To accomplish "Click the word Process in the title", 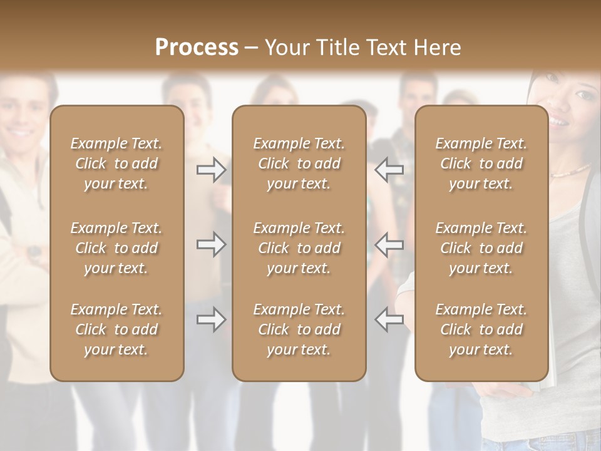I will coord(197,48).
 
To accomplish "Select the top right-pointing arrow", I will coord(211,169).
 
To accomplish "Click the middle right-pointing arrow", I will coord(211,244).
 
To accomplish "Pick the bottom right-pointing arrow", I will coord(211,319).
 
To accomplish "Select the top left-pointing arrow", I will coord(389,169).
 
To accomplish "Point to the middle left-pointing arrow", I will coord(389,244).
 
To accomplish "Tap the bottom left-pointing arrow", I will coord(389,319).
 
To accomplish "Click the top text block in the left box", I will coord(116,163).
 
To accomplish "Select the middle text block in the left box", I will coord(116,248).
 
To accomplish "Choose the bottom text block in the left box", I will coord(116,329).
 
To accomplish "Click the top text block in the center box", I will coord(299,163).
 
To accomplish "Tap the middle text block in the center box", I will coord(299,248).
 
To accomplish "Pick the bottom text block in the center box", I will coord(299,329).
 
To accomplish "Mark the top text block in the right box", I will coord(481,163).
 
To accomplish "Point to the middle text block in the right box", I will coord(481,248).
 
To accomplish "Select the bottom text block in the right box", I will coord(481,329).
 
